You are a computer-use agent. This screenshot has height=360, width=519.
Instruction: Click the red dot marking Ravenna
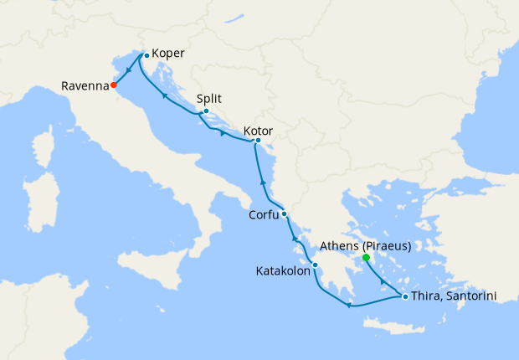113,84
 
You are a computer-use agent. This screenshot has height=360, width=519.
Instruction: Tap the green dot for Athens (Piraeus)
366,258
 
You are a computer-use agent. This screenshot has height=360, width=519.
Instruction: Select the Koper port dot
146,55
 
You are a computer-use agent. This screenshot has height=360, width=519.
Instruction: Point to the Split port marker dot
206,111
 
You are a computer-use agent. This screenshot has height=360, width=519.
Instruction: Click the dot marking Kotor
258,140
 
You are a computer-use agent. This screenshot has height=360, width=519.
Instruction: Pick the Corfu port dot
285,213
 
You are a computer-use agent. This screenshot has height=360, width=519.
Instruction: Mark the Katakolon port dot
315,265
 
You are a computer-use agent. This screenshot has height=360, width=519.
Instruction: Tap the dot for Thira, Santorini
405,296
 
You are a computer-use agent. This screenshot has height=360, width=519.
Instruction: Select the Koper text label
168,54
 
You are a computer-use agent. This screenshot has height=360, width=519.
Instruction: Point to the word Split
209,97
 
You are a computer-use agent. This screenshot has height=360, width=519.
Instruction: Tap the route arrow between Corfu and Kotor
264,182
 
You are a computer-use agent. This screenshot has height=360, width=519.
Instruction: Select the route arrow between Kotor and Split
222,132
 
